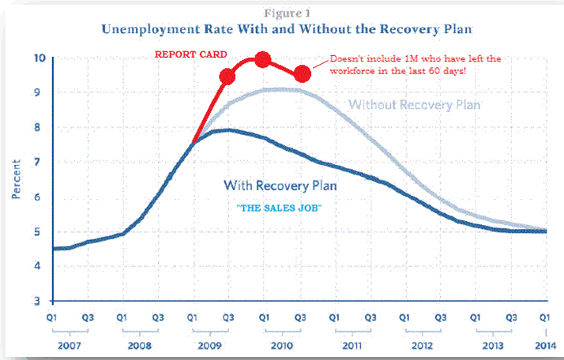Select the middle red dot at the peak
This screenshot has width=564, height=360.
[x=264, y=60]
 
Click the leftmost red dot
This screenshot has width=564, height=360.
[x=227, y=77]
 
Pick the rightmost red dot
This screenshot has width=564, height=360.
[x=302, y=74]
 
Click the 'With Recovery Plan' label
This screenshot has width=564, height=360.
[x=280, y=186]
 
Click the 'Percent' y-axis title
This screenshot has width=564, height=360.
[x=16, y=179]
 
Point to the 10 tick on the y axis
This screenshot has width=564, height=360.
[x=39, y=58]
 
